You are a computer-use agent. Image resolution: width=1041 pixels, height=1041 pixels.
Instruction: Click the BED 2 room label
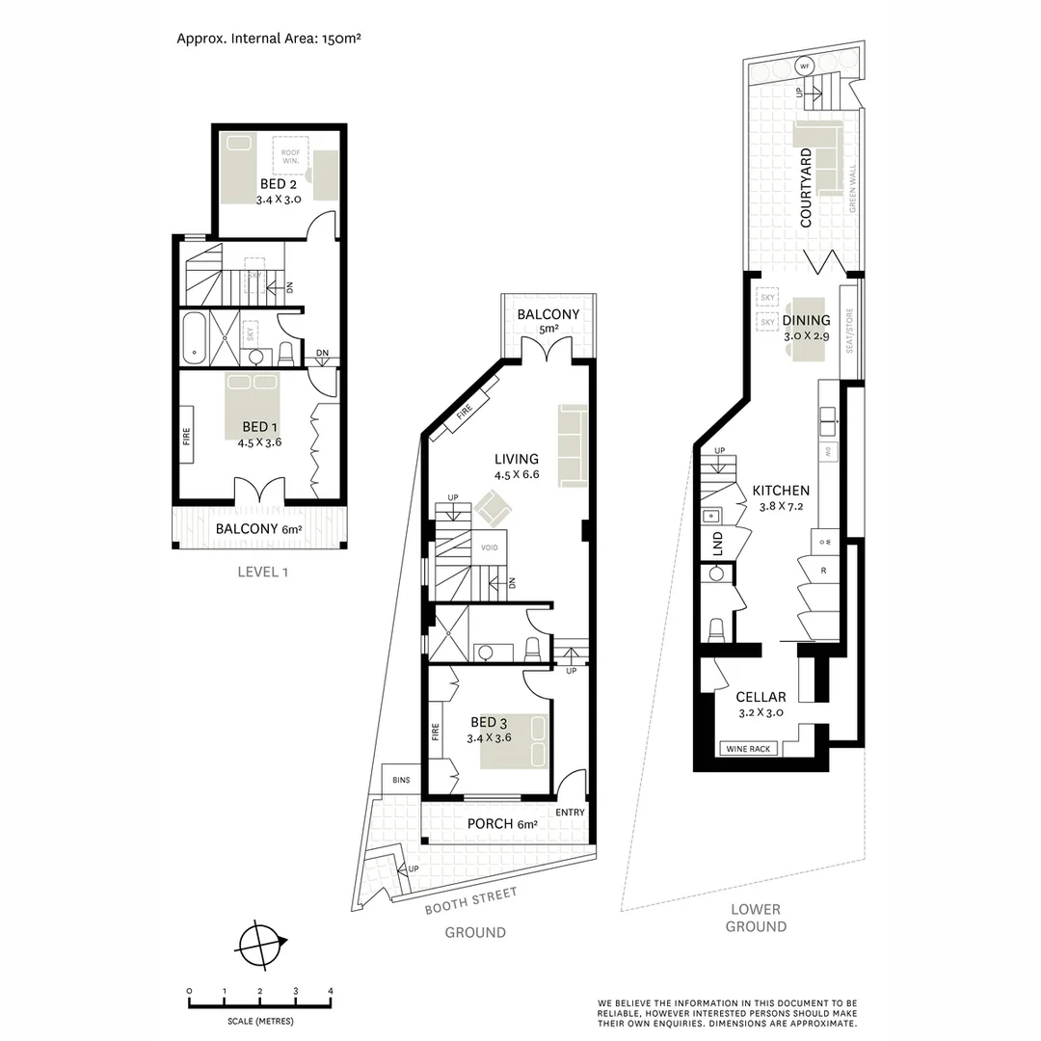[279, 183]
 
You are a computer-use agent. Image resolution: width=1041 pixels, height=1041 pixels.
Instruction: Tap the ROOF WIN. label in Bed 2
[290, 157]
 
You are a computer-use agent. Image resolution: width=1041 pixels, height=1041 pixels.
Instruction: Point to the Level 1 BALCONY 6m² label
[258, 529]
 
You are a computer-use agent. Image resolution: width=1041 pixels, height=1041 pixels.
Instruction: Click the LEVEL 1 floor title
[263, 572]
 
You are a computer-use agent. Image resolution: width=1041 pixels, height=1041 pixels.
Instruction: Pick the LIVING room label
[516, 459]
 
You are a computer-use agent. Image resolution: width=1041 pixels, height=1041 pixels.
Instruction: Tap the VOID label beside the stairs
[490, 547]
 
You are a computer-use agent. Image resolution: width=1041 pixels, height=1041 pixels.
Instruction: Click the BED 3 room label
[489, 722]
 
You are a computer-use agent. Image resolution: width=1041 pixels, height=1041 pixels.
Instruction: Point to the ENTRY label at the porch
[570, 813]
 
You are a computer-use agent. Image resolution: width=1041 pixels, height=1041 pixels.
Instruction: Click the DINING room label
[806, 321]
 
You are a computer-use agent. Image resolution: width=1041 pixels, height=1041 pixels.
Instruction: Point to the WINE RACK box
[749, 748]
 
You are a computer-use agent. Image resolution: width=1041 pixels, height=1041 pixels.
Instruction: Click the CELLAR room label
[761, 697]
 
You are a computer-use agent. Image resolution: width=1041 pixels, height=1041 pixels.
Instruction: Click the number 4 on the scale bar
[331, 991]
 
